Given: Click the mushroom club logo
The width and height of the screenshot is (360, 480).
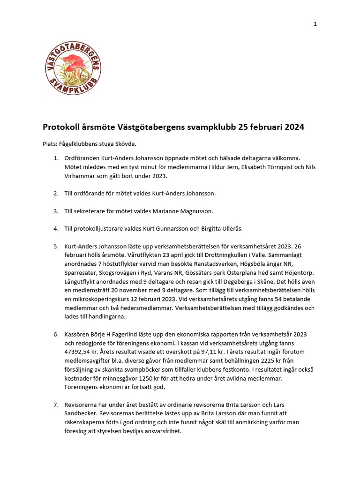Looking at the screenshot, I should click(x=73, y=67).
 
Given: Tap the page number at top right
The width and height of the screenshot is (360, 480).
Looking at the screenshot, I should click(x=315, y=24).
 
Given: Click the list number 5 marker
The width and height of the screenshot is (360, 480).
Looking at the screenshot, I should click(x=55, y=246).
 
